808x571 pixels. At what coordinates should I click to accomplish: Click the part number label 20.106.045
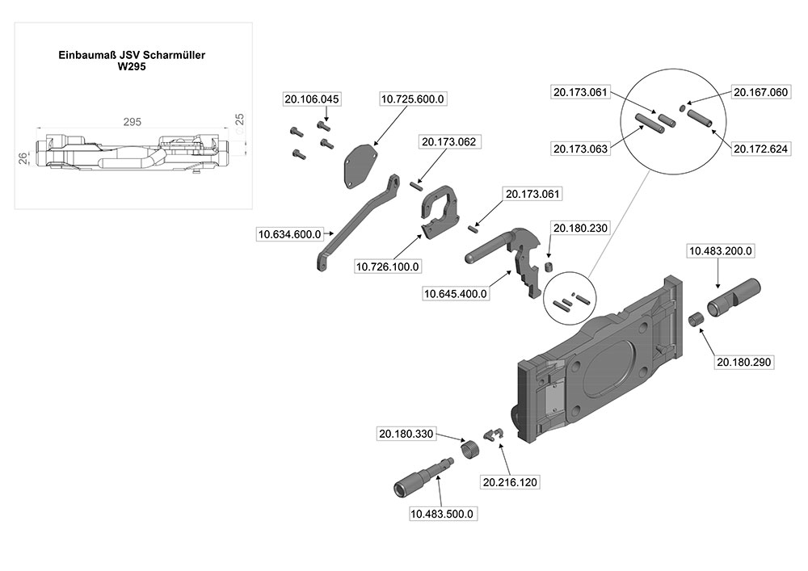click(x=311, y=99)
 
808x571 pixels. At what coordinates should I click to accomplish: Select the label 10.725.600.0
click(x=412, y=99)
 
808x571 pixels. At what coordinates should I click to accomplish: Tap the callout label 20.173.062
click(x=448, y=142)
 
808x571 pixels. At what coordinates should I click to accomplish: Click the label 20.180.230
click(x=579, y=228)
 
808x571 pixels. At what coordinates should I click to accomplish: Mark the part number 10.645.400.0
click(x=456, y=294)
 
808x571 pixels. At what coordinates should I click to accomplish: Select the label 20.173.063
click(x=581, y=149)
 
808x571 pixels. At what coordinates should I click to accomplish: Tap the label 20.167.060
click(x=760, y=92)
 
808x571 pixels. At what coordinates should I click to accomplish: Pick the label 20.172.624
click(x=760, y=149)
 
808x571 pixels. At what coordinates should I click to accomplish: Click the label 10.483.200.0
click(x=720, y=251)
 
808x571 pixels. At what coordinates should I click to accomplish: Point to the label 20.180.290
click(x=744, y=363)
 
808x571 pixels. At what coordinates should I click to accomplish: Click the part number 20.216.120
click(x=510, y=482)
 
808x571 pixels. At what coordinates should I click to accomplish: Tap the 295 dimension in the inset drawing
click(x=133, y=122)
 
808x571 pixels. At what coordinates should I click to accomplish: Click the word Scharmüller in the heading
click(x=174, y=56)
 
